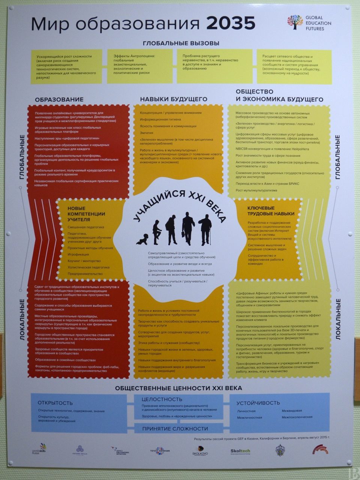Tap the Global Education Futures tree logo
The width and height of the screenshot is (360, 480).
pyautogui.click(x=295, y=22)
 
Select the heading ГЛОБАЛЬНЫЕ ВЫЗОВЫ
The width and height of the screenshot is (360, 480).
pyautogui.click(x=181, y=43)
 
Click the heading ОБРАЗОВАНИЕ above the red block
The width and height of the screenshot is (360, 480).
pyautogui.click(x=59, y=99)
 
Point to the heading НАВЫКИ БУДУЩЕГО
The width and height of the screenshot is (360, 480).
pyautogui.click(x=174, y=99)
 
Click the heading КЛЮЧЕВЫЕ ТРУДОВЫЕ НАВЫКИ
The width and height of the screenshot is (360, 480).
pyautogui.click(x=270, y=211)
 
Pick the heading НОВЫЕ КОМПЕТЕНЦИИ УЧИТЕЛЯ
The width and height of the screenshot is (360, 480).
pyautogui.click(x=86, y=214)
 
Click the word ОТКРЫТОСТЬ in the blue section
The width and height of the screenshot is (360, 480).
pyautogui.click(x=55, y=403)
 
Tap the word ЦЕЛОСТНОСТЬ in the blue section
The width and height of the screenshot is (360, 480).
pyautogui.click(x=162, y=399)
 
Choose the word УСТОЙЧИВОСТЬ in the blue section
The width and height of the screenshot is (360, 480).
pyautogui.click(x=258, y=403)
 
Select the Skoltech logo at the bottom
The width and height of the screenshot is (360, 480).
pyautogui.click(x=240, y=451)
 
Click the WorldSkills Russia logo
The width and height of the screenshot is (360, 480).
pyautogui.click(x=40, y=449)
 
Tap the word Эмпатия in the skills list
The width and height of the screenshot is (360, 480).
pyautogui.click(x=147, y=133)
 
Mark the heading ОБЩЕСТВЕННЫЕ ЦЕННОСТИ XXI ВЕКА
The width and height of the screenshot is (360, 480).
pyautogui.click(x=178, y=388)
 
